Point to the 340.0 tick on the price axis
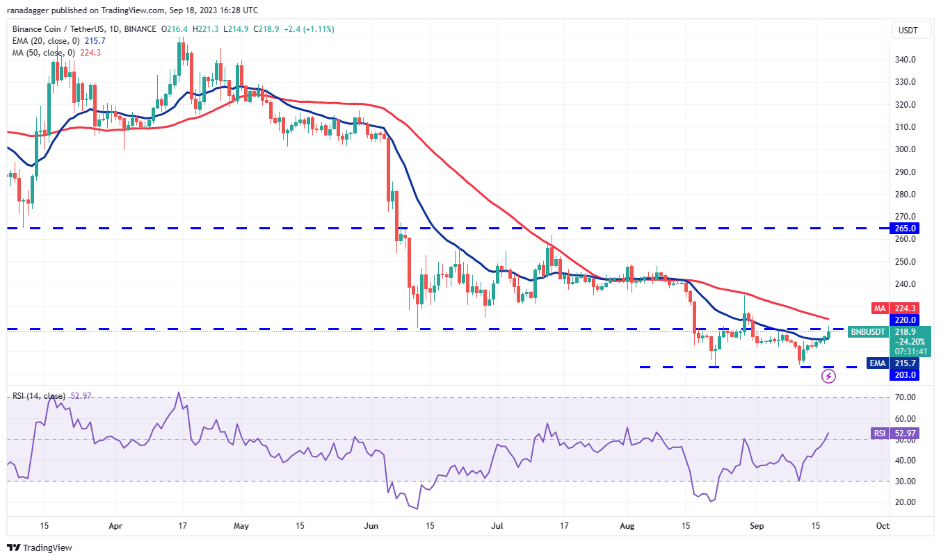tap(904, 60)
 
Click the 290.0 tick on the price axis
tap(904, 172)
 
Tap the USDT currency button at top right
tap(908, 30)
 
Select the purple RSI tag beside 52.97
tap(879, 434)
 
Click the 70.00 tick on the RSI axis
tap(904, 397)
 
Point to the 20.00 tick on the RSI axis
tap(904, 502)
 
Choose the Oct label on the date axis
tap(882, 526)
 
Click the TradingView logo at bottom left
tap(40, 547)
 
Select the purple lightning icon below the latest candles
tap(828, 376)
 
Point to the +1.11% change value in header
tap(316, 30)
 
